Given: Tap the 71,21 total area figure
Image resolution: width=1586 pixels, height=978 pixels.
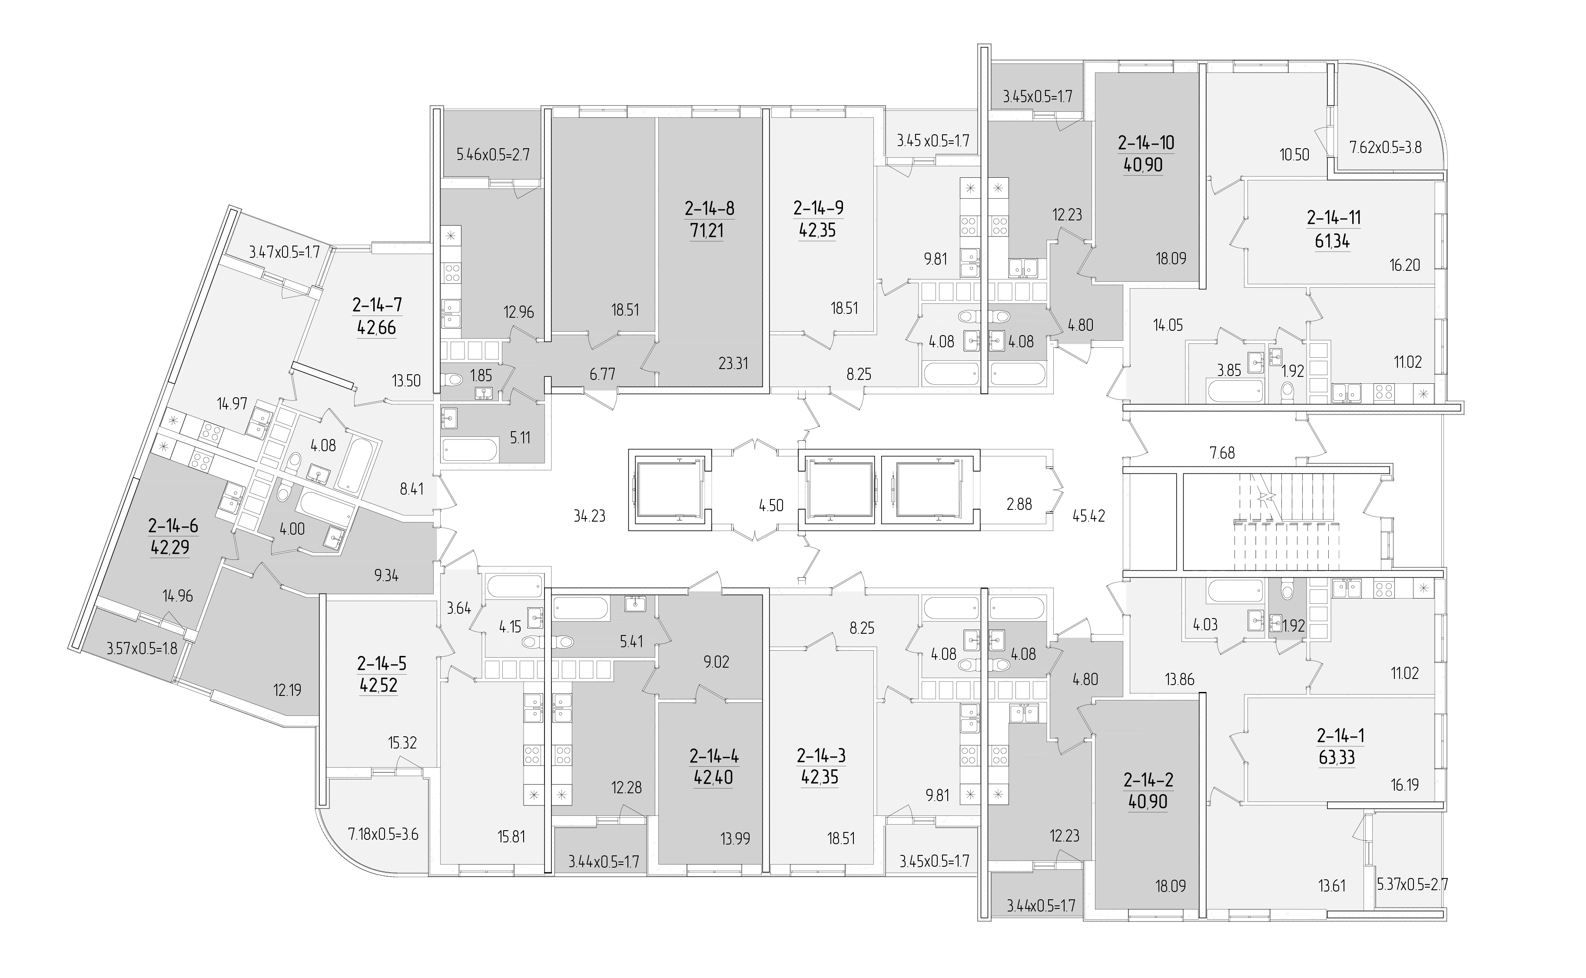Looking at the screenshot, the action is point(707,230).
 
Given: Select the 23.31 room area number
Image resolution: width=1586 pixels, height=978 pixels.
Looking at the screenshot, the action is point(733,363).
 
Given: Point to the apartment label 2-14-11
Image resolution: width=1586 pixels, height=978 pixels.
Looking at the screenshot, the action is point(1333,218).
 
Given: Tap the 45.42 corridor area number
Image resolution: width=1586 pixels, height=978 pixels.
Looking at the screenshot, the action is point(1089,516).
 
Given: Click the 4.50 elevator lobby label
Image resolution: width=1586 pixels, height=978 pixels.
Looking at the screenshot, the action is point(771,505).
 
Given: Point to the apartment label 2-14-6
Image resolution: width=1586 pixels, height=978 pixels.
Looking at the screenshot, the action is point(173,526).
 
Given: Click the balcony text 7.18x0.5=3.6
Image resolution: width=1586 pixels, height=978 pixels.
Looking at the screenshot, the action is point(383,835).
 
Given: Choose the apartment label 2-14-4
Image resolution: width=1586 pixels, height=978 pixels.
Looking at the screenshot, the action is point(714,755).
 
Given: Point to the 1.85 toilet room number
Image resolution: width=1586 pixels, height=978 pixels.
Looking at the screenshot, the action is point(481,375).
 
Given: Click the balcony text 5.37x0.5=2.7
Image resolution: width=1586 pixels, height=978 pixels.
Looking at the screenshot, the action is point(1412,884).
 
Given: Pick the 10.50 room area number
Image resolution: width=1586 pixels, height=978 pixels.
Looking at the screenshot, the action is point(1294,155).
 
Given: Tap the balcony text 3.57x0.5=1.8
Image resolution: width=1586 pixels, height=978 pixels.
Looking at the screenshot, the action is point(142,648).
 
